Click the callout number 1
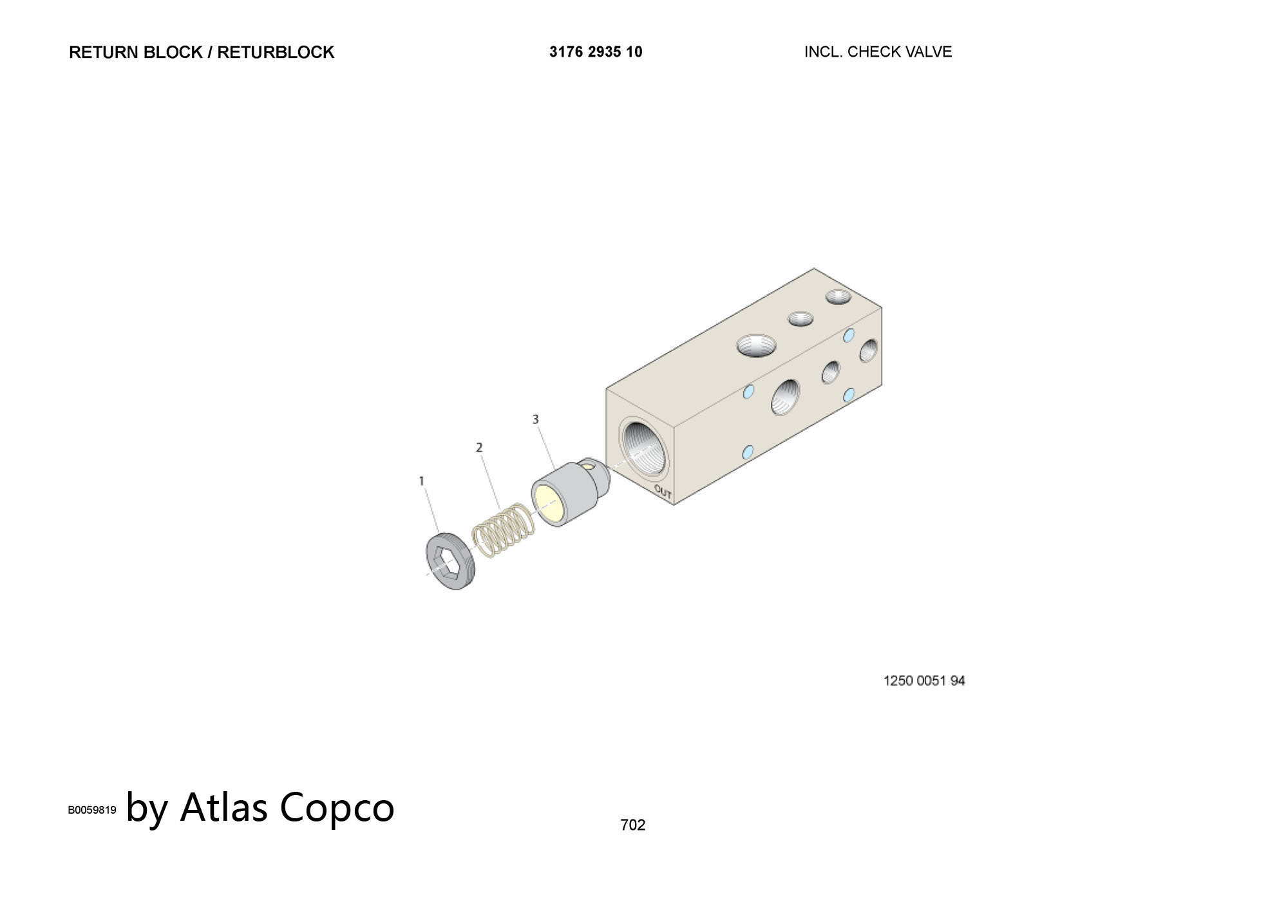tap(422, 481)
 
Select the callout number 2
tap(479, 447)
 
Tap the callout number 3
tap(535, 419)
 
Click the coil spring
tap(504, 530)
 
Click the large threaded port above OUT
tap(643, 447)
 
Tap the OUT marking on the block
tap(663, 493)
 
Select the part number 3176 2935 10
tap(596, 52)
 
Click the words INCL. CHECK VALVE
tap(878, 52)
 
